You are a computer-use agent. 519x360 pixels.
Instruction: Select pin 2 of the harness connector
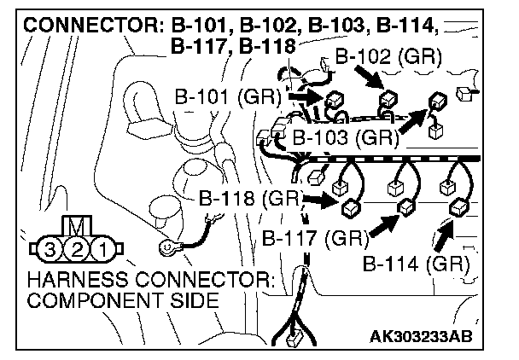tap(76, 250)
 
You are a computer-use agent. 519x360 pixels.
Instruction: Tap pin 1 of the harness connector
tap(102, 250)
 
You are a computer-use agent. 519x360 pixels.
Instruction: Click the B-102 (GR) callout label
tap(388, 58)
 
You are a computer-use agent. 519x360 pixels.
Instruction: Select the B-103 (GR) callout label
tap(346, 136)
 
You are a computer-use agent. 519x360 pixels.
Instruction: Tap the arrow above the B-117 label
tap(385, 224)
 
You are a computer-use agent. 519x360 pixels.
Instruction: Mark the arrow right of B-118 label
tap(320, 202)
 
